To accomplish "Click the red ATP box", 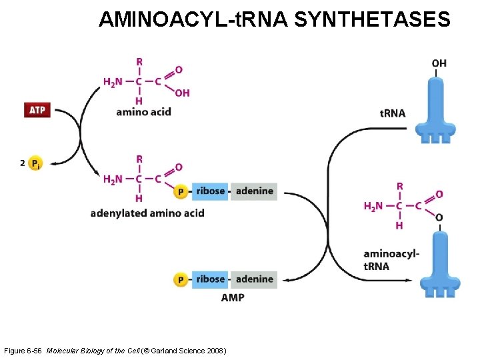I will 37,110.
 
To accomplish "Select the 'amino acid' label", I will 143,111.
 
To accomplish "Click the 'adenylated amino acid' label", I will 147,213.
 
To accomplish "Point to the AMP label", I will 233,297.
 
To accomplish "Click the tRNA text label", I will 393,113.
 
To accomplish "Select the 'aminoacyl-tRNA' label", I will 391,259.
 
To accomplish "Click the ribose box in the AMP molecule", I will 211,279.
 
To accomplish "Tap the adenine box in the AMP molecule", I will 255,279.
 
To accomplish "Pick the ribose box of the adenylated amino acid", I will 211,191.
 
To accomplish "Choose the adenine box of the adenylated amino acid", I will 255,191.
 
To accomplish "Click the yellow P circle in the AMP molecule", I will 180,279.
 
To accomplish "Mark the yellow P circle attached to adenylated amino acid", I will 180,192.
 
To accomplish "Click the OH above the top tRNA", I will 439,63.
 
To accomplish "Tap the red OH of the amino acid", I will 182,93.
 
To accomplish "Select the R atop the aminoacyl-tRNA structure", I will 399,186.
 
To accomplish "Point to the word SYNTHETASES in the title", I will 372,20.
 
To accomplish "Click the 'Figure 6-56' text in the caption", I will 23,351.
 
